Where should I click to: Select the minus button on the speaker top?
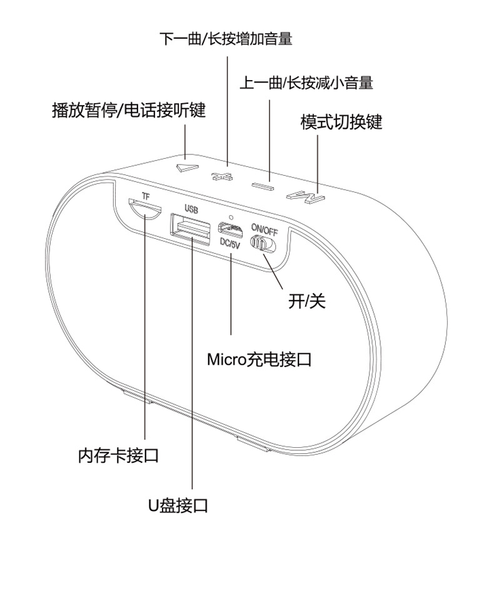(263, 185)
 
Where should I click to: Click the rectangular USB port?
(191, 229)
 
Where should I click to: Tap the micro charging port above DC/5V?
(230, 230)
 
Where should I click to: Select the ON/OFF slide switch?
(261, 243)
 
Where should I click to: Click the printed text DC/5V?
(230, 245)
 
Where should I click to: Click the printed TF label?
(146, 196)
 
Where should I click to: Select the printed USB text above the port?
(191, 208)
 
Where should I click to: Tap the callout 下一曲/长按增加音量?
(226, 39)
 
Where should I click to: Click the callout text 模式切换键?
(341, 121)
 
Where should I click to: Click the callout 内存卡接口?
(118, 455)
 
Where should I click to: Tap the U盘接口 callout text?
(178, 505)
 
